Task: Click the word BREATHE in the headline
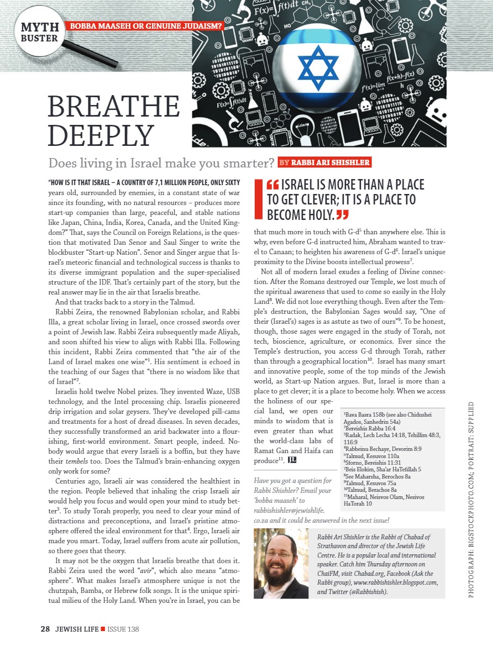tap(114, 107)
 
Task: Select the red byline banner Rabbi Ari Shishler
tap(324, 162)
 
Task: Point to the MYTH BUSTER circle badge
tap(39, 32)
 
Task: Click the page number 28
tap(45, 628)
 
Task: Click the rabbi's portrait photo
tap(281, 563)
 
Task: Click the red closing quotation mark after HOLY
tap(343, 214)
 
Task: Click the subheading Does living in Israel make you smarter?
tap(161, 163)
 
